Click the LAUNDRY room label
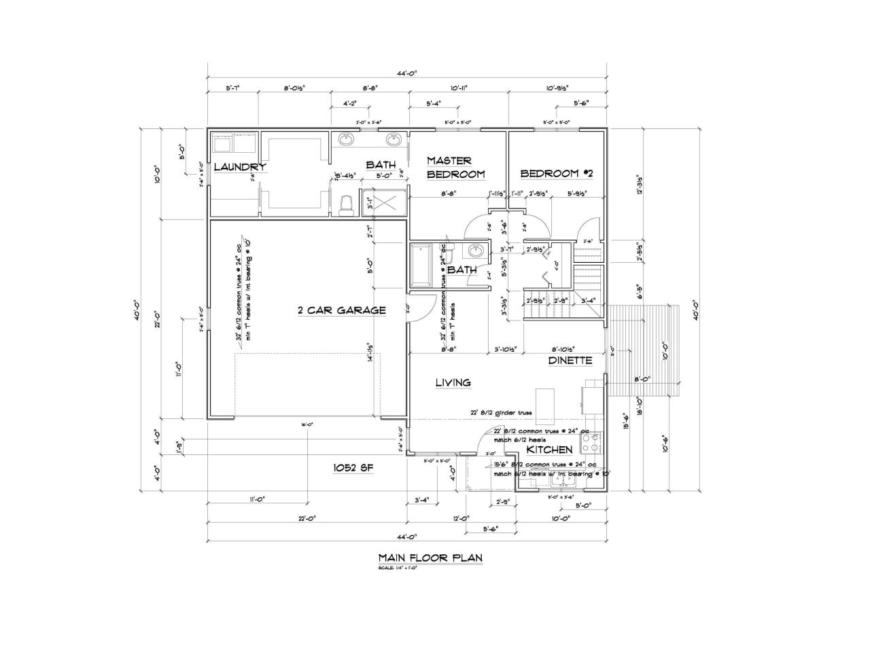click(x=239, y=167)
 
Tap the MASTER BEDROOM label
click(x=455, y=168)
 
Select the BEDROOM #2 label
click(x=557, y=173)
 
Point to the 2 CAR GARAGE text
click(x=342, y=310)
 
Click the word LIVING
click(x=453, y=383)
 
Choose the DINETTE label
click(x=570, y=361)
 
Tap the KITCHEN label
click(x=550, y=450)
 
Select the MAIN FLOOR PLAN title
click(x=430, y=558)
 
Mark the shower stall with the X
click(x=384, y=202)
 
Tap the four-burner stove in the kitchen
click(x=591, y=443)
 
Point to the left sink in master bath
click(x=347, y=140)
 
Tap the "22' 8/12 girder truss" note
click(x=502, y=413)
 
